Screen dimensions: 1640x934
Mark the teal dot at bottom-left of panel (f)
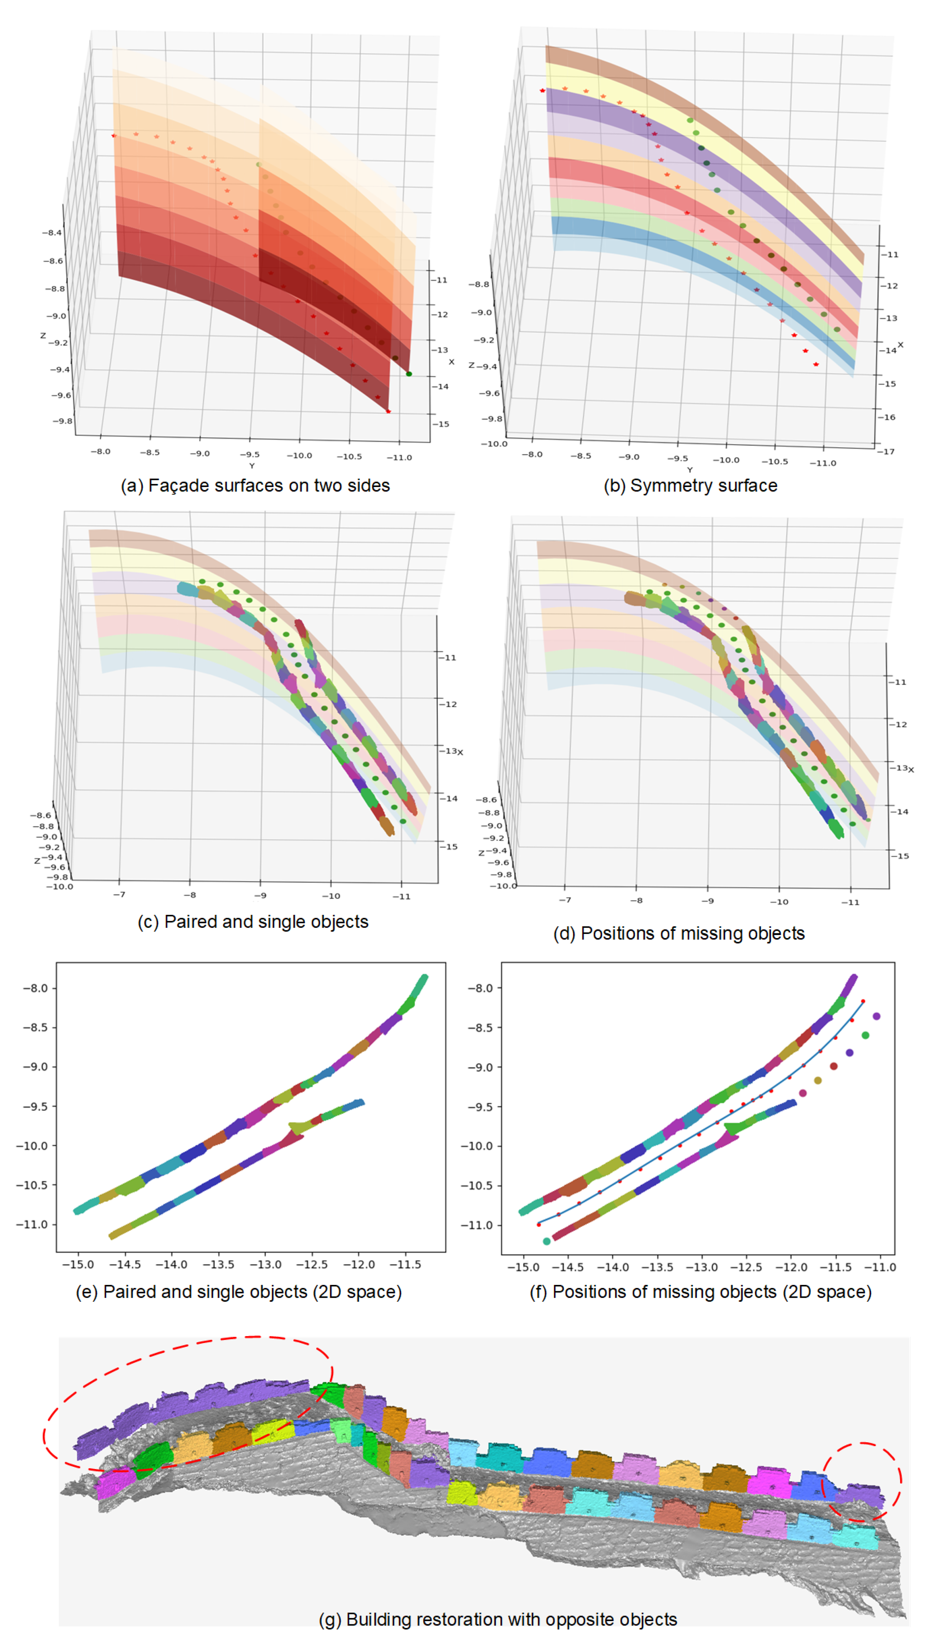pos(547,1241)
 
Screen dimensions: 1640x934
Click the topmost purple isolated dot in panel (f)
pos(876,1016)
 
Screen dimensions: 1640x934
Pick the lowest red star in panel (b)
pos(816,364)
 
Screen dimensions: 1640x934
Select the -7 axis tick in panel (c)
pos(119,894)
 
